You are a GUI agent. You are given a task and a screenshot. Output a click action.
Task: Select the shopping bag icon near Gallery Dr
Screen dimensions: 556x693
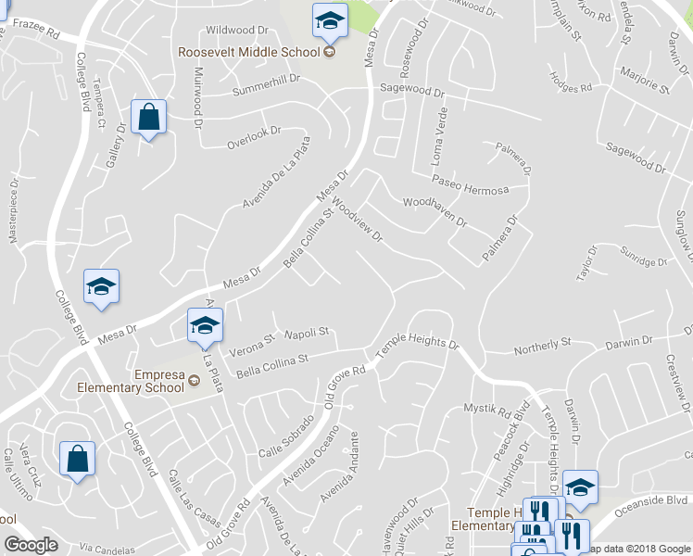148,118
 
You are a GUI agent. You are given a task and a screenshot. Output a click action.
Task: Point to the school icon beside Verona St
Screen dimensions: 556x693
206,325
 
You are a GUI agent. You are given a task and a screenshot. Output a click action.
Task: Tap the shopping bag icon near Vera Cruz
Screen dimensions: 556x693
77,459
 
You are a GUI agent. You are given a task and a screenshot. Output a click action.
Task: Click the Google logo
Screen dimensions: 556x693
31,545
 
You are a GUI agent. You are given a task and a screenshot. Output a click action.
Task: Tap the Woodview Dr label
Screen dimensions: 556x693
357,219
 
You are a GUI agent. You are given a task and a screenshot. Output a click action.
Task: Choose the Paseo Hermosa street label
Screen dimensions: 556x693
470,190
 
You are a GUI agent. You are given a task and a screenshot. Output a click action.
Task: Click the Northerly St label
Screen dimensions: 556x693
541,345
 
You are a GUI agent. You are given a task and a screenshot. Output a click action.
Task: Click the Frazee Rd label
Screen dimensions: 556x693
38,34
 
